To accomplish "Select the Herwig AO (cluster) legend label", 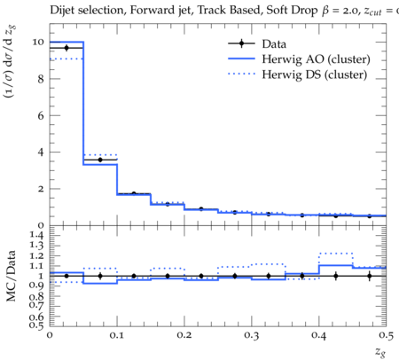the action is click(316, 59).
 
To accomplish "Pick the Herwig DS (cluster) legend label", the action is click(315, 74).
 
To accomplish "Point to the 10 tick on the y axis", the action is click(38, 42).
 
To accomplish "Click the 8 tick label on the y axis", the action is click(41, 79).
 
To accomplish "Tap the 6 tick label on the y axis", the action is click(41, 115).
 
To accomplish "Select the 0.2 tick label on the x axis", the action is click(184, 335).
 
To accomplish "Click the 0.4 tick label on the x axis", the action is click(319, 335).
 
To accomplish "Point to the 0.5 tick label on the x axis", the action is click(386, 335).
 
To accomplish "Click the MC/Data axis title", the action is click(11, 276).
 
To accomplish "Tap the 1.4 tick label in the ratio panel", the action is click(36, 235).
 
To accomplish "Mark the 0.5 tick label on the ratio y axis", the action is click(36, 325).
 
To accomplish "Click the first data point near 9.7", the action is click(66, 48).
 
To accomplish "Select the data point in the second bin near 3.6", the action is click(100, 160).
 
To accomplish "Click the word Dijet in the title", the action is click(63, 11).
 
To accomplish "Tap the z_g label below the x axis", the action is click(380, 352).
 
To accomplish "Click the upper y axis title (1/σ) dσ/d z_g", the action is click(10, 62).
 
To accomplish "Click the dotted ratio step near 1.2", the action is click(336, 254).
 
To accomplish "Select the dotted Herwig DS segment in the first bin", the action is click(66, 59).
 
